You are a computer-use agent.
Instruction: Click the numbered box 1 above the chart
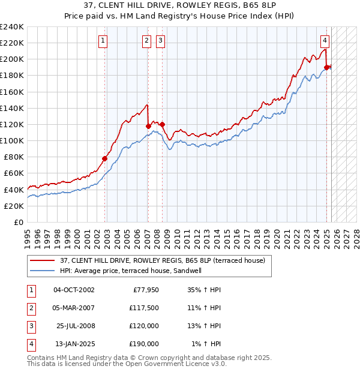tap(103, 41)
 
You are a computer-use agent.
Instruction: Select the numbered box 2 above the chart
tap(146, 41)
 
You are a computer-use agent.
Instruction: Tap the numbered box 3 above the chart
tap(161, 41)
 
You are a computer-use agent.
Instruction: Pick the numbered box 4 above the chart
tap(325, 41)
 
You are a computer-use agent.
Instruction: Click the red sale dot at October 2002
tap(104, 158)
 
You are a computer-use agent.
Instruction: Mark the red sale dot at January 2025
tap(326, 67)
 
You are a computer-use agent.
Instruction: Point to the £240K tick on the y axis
tap(12, 27)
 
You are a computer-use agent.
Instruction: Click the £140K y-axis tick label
tap(12, 108)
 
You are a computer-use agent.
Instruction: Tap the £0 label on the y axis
tap(18, 222)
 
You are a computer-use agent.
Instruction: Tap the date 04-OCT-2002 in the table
tap(74, 290)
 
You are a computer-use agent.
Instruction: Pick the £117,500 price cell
tap(145, 308)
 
